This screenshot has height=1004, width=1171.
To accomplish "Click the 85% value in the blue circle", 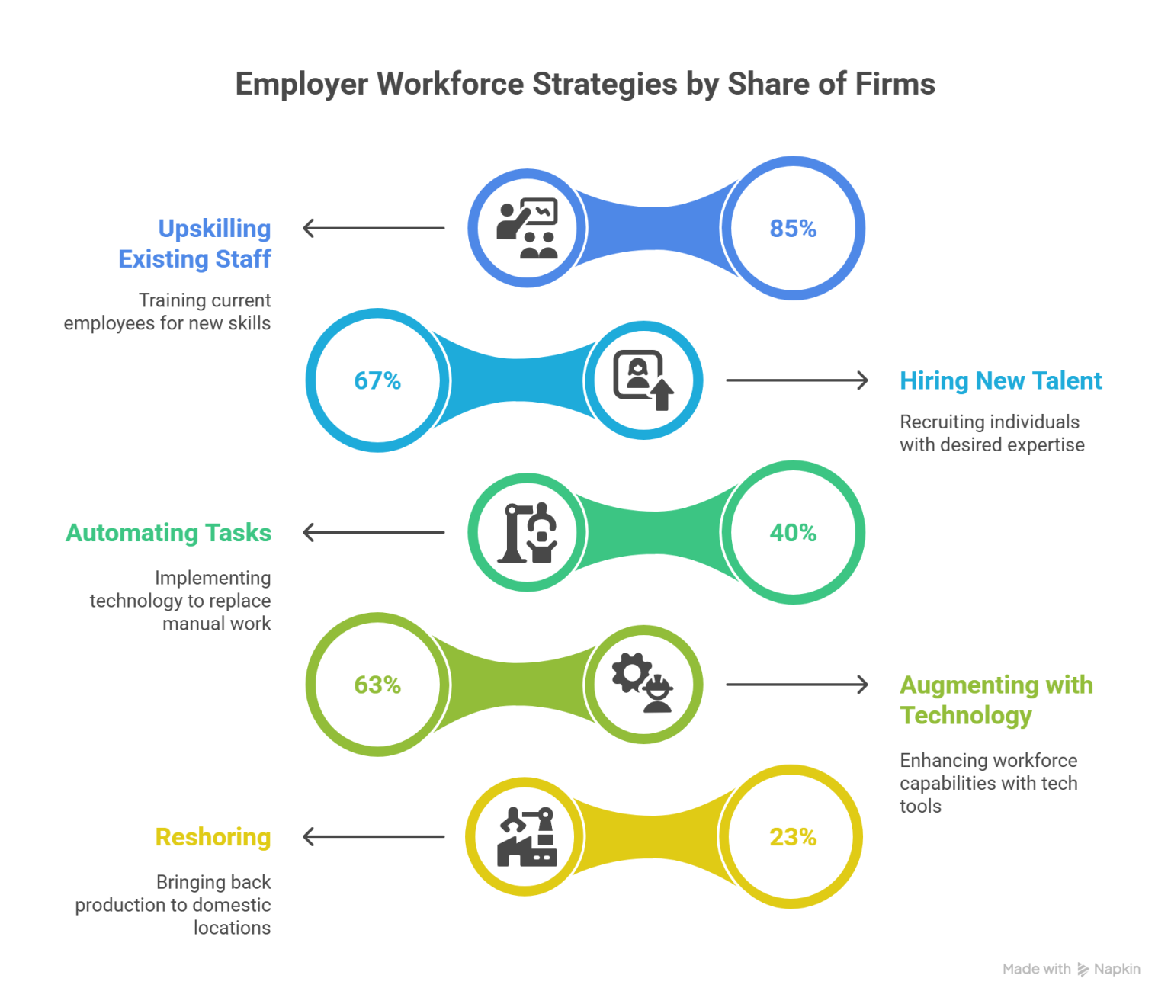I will coord(793,228).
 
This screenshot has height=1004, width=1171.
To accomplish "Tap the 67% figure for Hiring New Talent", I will coord(377,380).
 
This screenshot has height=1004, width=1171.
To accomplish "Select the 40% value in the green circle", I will coord(793,532).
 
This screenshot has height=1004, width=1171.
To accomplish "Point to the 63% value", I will coord(377,685).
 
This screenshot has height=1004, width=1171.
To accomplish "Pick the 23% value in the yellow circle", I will coord(793,837).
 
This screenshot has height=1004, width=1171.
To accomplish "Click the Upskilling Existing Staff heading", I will coord(195,243).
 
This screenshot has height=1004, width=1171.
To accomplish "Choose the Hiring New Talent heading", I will coord(1000,380).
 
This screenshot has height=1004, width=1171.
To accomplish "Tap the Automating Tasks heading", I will coord(168,532).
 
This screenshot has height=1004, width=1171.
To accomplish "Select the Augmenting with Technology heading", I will coord(995,700).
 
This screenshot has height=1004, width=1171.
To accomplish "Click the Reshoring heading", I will coord(213,837).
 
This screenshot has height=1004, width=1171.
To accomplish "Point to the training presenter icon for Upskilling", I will coord(527,229).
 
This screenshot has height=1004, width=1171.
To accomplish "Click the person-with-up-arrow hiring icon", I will coord(643,380).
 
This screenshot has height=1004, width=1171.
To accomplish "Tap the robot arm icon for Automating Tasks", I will coord(527,532).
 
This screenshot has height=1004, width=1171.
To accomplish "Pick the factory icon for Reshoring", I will coord(526,836).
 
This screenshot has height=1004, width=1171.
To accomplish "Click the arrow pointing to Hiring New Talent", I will coord(797,380).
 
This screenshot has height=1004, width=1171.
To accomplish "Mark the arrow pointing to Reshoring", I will coord(374,837).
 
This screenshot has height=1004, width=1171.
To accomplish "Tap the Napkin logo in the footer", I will coord(1110,969).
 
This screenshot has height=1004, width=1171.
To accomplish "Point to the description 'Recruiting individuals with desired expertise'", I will coord(991,433).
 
